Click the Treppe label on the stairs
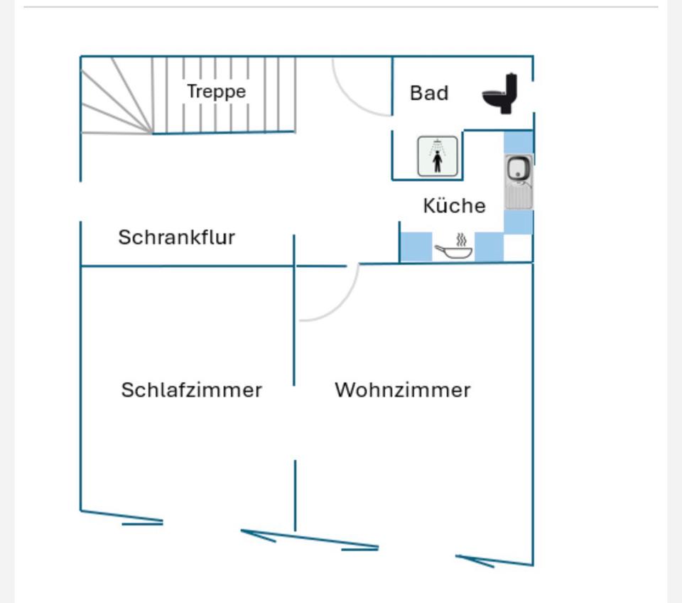pyautogui.click(x=216, y=92)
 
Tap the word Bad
pyautogui.click(x=429, y=93)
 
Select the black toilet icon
pyautogui.click(x=502, y=93)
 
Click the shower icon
pyautogui.click(x=438, y=156)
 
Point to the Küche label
pyautogui.click(x=454, y=206)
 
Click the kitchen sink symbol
pyautogui.click(x=519, y=182)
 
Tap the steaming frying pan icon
pyautogui.click(x=454, y=246)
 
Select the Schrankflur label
pyautogui.click(x=176, y=237)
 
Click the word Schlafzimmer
pyautogui.click(x=191, y=390)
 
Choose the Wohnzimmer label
pyautogui.click(x=402, y=390)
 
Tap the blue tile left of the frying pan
pyautogui.click(x=416, y=247)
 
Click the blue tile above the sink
pyautogui.click(x=519, y=142)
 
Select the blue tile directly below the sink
pyautogui.click(x=519, y=222)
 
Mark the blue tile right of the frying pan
pyautogui.click(x=489, y=247)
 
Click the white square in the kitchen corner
pyautogui.click(x=519, y=247)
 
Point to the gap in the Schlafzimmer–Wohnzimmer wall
pyautogui.click(x=295, y=423)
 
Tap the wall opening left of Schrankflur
pyautogui.click(x=80, y=202)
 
